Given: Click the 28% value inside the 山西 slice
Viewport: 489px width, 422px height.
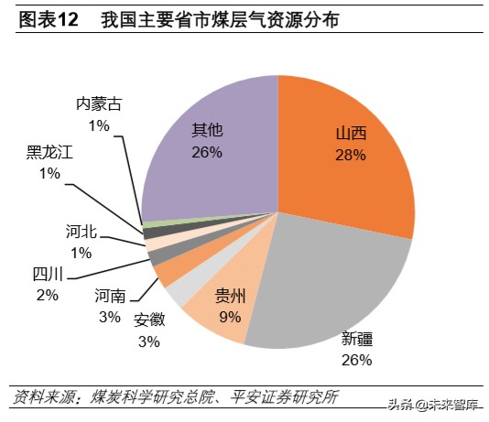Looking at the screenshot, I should point(351,156).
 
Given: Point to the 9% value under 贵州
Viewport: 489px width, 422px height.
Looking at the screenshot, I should point(230,317).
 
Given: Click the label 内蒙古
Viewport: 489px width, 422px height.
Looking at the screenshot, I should point(98,103).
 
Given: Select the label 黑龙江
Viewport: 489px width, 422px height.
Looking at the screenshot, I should point(49,152).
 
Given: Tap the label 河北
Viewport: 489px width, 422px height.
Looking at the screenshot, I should point(81,232).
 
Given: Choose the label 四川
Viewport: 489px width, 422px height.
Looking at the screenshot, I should point(47,275).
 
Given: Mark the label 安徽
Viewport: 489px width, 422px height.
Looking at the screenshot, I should point(148,320).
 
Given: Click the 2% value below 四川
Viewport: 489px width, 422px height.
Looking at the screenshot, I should point(47,295).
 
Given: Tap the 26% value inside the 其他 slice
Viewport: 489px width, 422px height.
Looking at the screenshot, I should point(207,152).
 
